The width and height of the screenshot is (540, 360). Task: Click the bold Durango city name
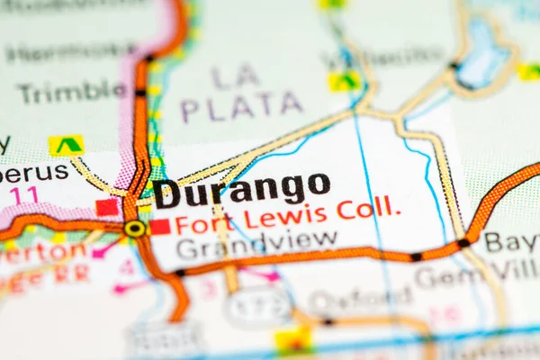click(x=241, y=189)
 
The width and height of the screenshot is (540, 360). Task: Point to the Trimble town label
click(x=72, y=91)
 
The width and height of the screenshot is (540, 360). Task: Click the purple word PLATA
click(x=241, y=106)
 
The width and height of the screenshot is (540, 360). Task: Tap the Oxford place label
click(x=360, y=300)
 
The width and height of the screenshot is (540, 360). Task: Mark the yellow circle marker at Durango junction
click(x=135, y=229)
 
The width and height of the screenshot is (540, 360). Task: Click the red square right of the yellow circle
click(x=160, y=227)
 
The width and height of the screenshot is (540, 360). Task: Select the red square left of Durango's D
click(x=107, y=207)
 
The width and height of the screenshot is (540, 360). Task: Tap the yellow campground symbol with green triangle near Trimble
click(x=66, y=145)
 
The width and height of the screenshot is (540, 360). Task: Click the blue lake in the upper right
click(x=483, y=56)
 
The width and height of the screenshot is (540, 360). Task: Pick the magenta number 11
click(x=24, y=194)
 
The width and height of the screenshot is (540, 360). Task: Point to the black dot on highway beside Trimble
click(x=140, y=93)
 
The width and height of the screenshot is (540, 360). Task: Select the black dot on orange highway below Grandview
click(x=181, y=272)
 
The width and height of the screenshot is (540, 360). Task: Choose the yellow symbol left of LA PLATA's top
click(x=343, y=82)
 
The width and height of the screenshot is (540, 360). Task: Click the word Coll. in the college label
click(x=369, y=209)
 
